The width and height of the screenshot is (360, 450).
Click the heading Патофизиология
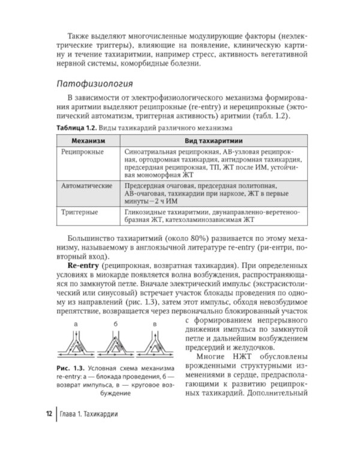[95, 83]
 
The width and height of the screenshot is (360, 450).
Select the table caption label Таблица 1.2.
[77, 128]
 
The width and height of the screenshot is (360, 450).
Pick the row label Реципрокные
[83, 152]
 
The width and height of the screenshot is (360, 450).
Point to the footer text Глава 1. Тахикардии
[89, 415]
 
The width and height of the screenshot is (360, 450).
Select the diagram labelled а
[76, 344]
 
